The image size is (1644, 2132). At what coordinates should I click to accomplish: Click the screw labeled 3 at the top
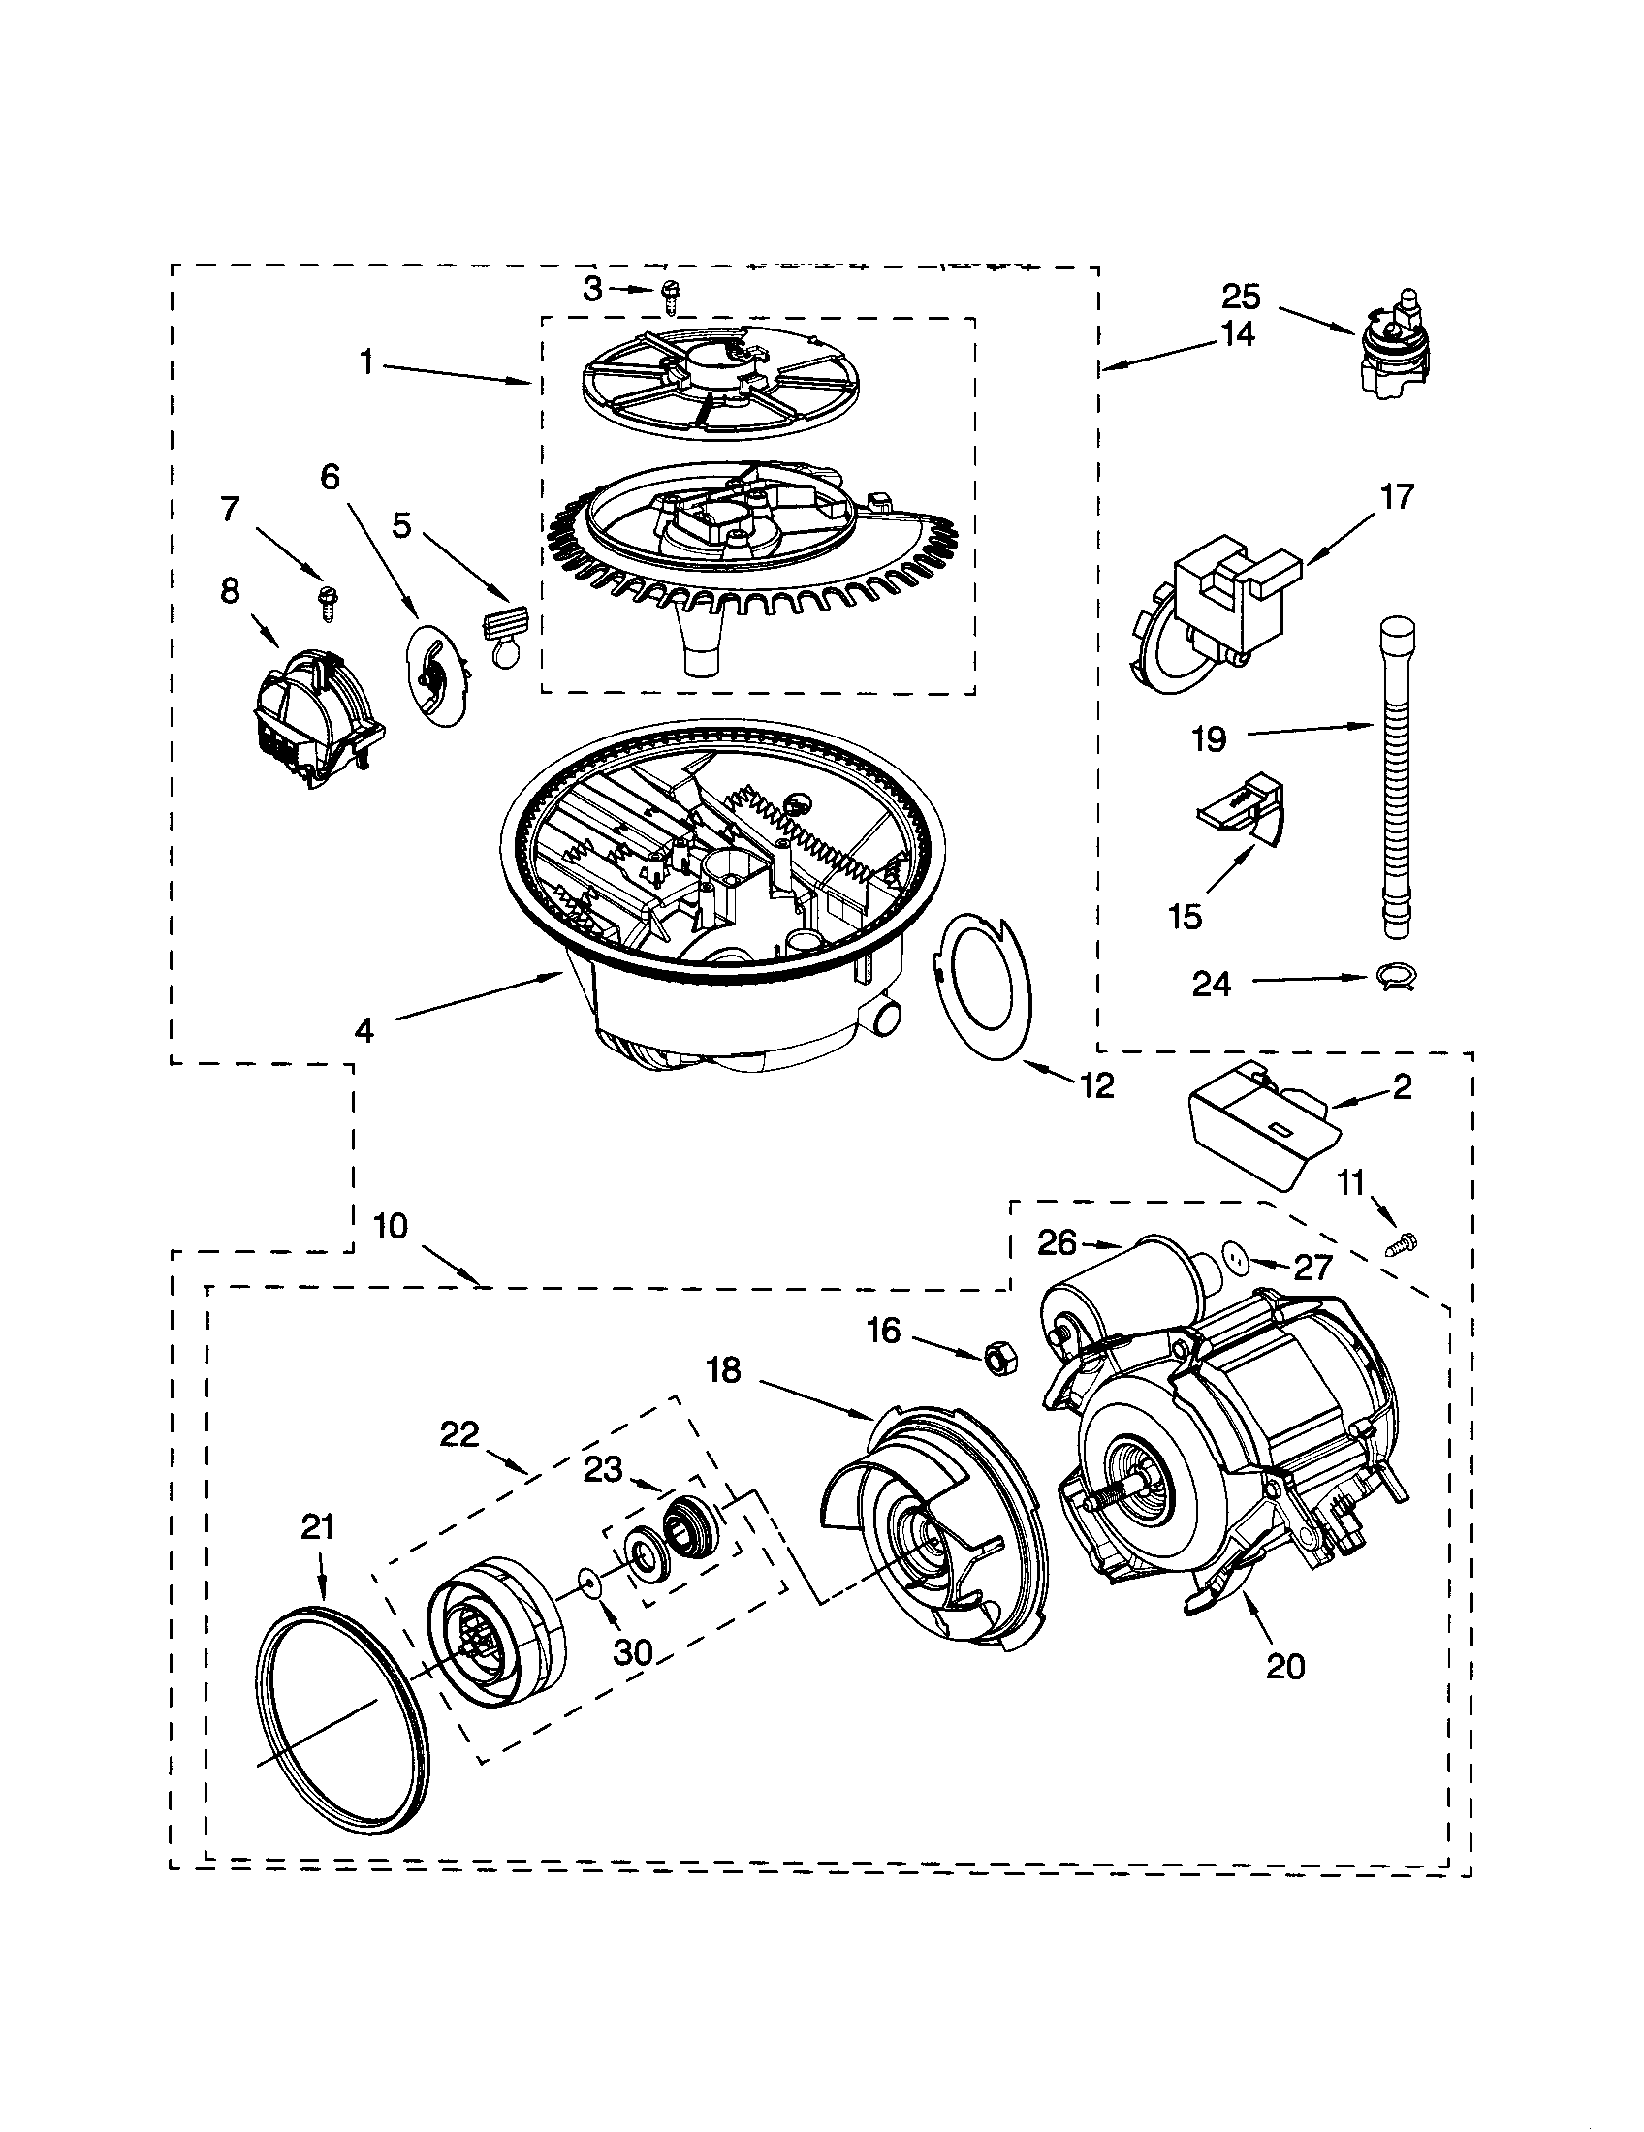670,295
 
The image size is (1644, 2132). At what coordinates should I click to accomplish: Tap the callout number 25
1242,296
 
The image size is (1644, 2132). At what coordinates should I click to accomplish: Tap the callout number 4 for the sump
364,1031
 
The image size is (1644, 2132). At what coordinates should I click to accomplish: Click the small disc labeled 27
1239,1258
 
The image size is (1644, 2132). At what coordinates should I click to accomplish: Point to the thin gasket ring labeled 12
986,986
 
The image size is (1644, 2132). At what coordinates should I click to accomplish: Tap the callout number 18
724,1370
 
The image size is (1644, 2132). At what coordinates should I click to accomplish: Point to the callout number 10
390,1226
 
